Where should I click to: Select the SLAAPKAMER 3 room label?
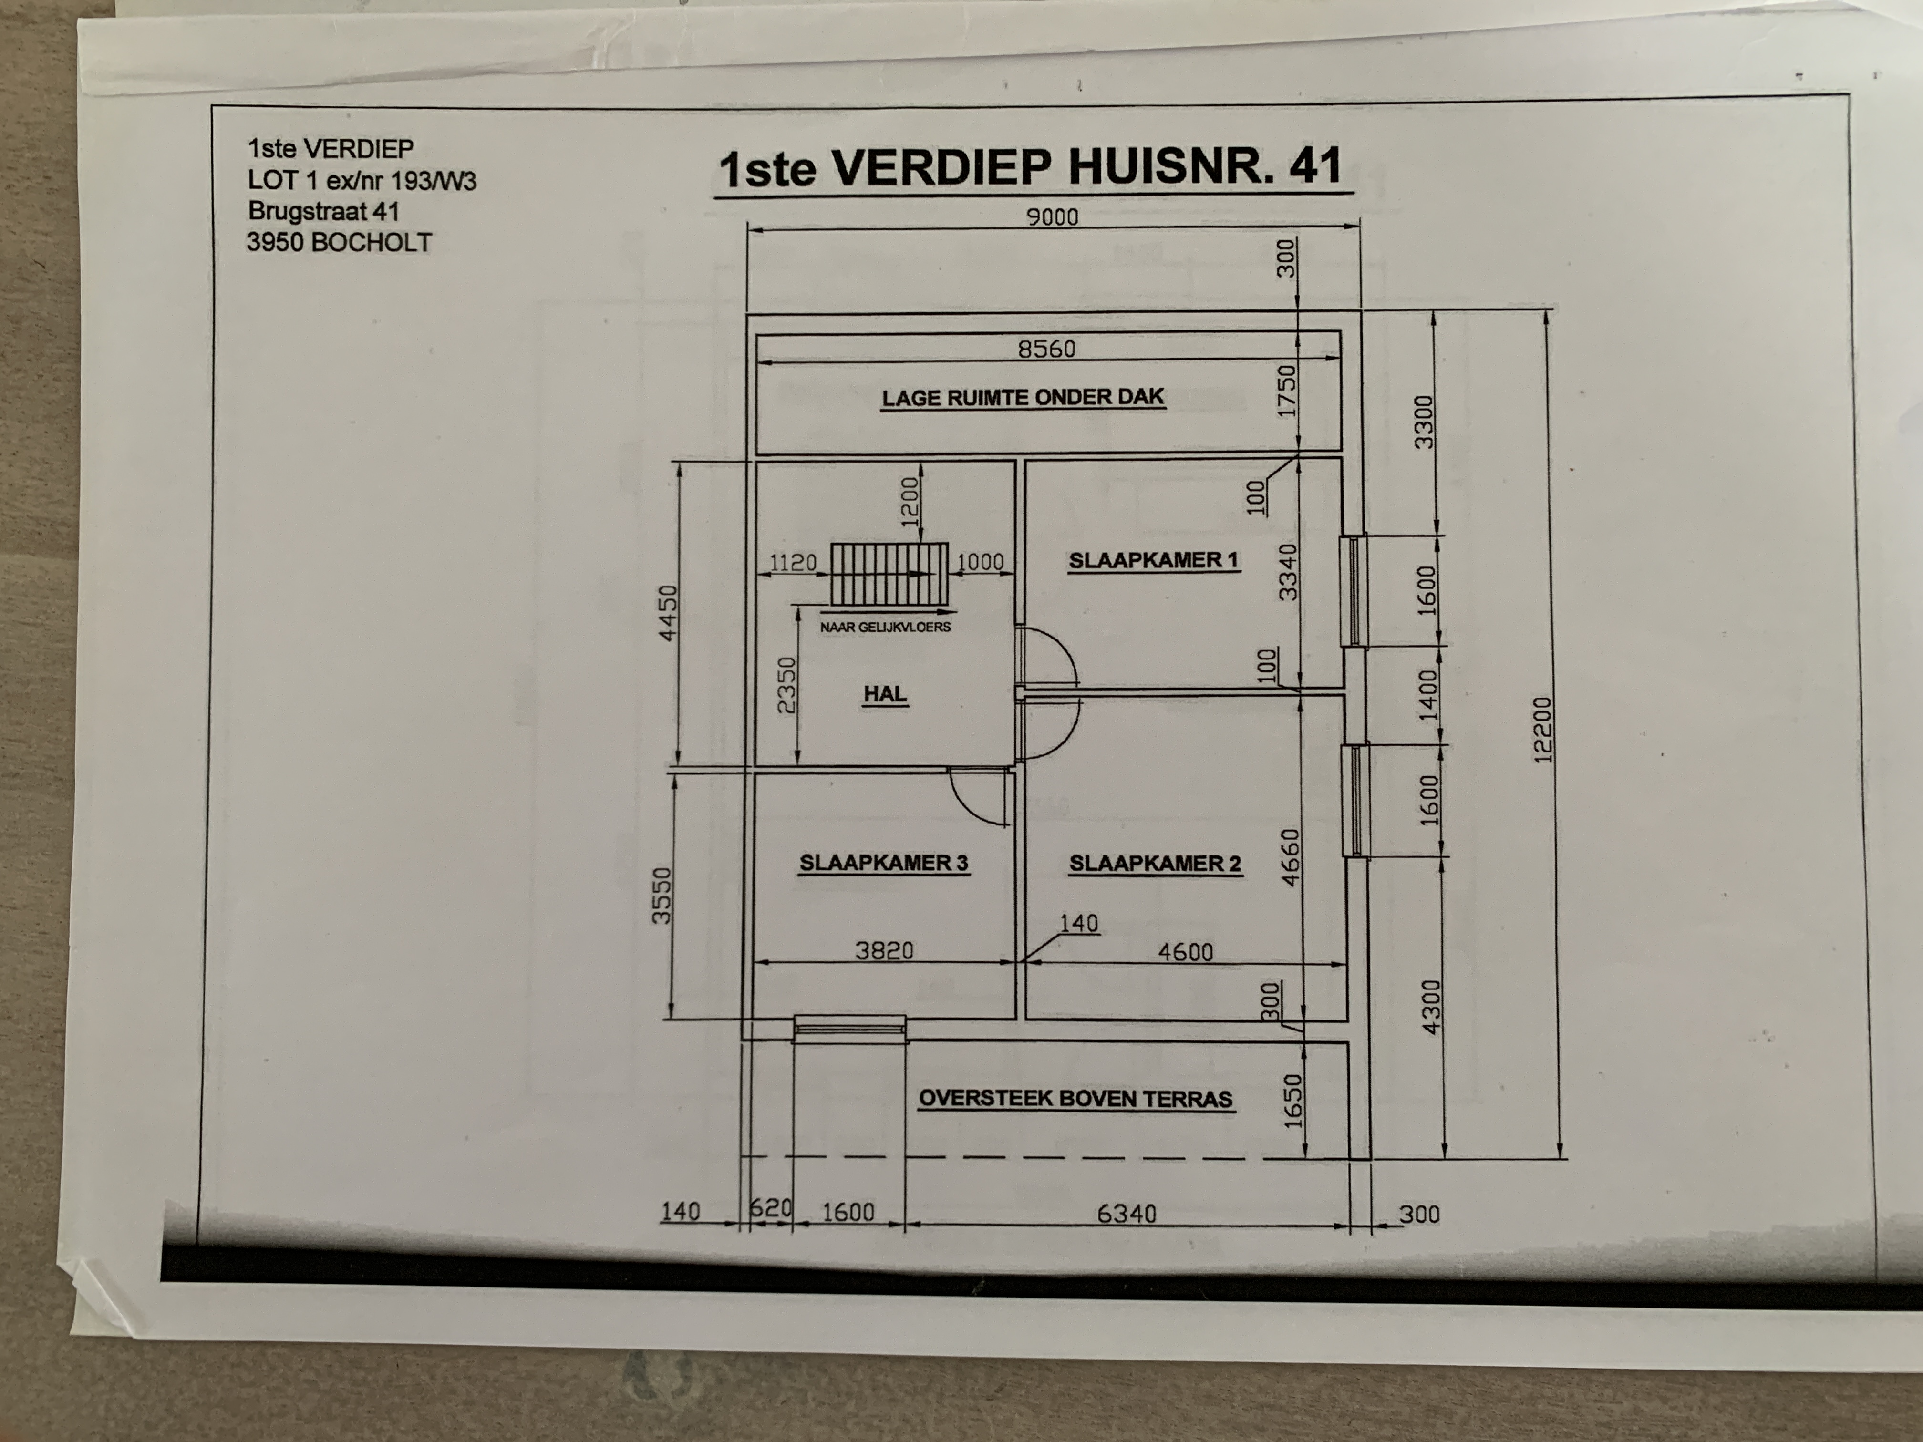click(x=884, y=863)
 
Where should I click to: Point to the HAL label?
click(x=885, y=694)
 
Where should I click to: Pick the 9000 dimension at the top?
click(x=1052, y=216)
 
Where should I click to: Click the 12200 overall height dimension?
click(x=1542, y=728)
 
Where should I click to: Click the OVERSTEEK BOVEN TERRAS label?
click(x=1075, y=1099)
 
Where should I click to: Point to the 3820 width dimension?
click(x=884, y=951)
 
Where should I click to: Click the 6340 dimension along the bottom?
click(x=1127, y=1214)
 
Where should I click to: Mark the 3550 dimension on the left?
click(x=662, y=895)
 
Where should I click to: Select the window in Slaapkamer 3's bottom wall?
click(x=849, y=1029)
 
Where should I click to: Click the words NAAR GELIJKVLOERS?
click(x=885, y=627)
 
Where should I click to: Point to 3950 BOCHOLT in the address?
click(x=339, y=243)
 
